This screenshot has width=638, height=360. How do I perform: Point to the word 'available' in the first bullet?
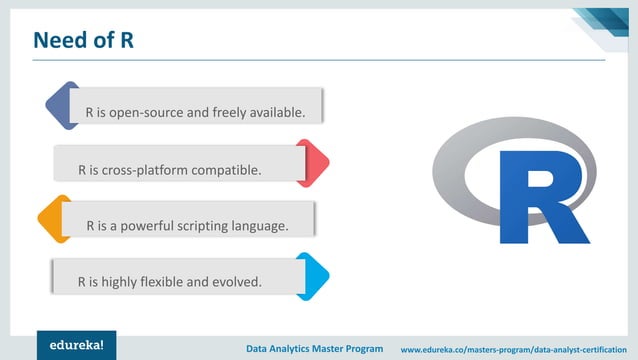(274, 112)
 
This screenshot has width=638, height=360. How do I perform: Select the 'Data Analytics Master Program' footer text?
(315, 349)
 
